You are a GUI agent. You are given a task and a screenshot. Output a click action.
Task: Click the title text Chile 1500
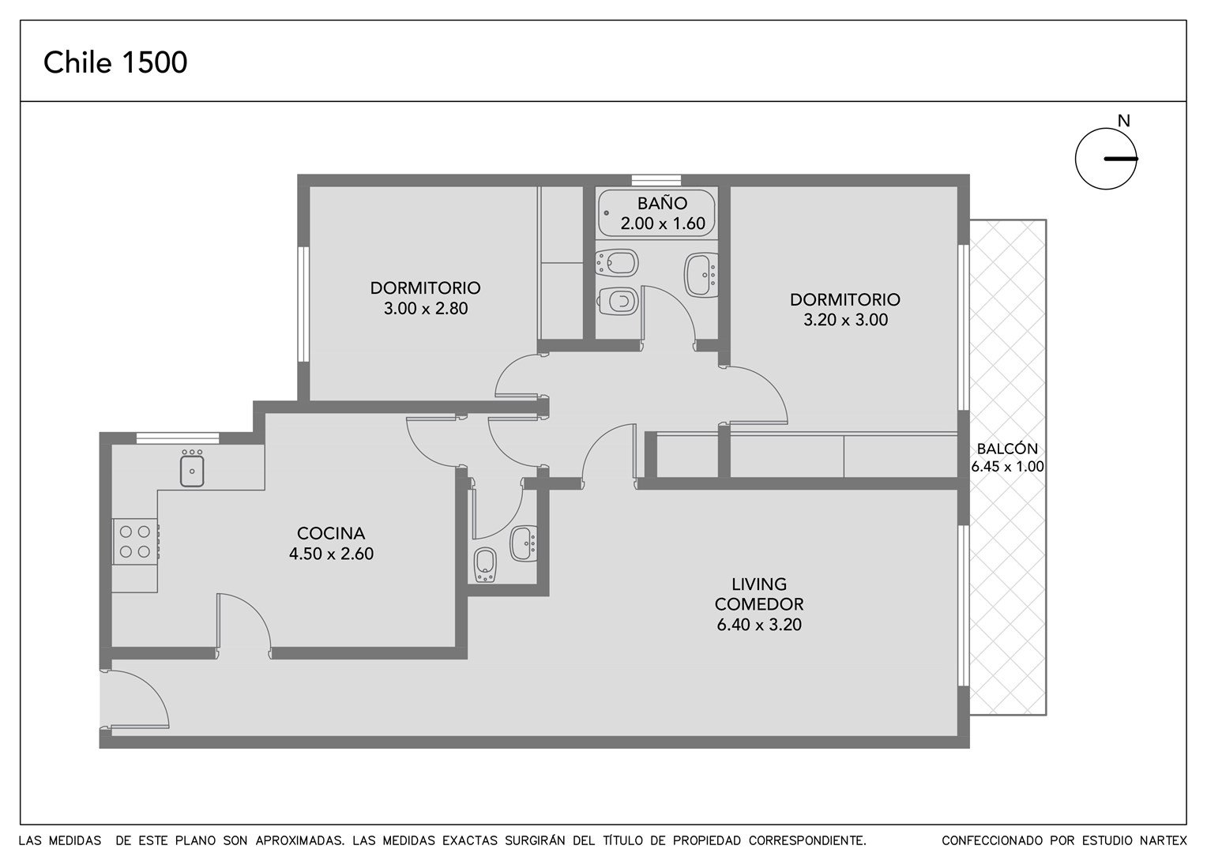click(115, 62)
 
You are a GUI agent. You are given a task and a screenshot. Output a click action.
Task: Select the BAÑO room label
click(662, 203)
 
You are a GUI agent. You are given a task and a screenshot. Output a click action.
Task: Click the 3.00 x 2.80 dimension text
click(426, 309)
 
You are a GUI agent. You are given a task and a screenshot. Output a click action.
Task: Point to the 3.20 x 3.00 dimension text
click(845, 320)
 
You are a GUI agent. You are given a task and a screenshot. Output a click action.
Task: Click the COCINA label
click(331, 533)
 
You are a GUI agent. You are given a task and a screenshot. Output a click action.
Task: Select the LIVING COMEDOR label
click(759, 594)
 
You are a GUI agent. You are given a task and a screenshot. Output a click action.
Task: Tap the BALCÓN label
click(1007, 449)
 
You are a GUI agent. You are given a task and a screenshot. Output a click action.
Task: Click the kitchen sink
click(192, 468)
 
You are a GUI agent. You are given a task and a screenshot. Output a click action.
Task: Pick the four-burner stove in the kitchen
click(135, 542)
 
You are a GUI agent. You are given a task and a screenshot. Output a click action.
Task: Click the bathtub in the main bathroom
click(656, 212)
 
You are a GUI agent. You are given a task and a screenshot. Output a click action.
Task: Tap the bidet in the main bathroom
click(617, 263)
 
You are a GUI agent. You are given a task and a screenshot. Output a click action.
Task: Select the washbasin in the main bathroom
click(701, 275)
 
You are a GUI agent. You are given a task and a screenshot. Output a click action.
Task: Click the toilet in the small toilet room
click(485, 566)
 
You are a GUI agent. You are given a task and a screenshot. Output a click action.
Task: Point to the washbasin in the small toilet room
click(523, 543)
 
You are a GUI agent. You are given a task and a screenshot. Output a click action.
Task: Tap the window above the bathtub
click(656, 180)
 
